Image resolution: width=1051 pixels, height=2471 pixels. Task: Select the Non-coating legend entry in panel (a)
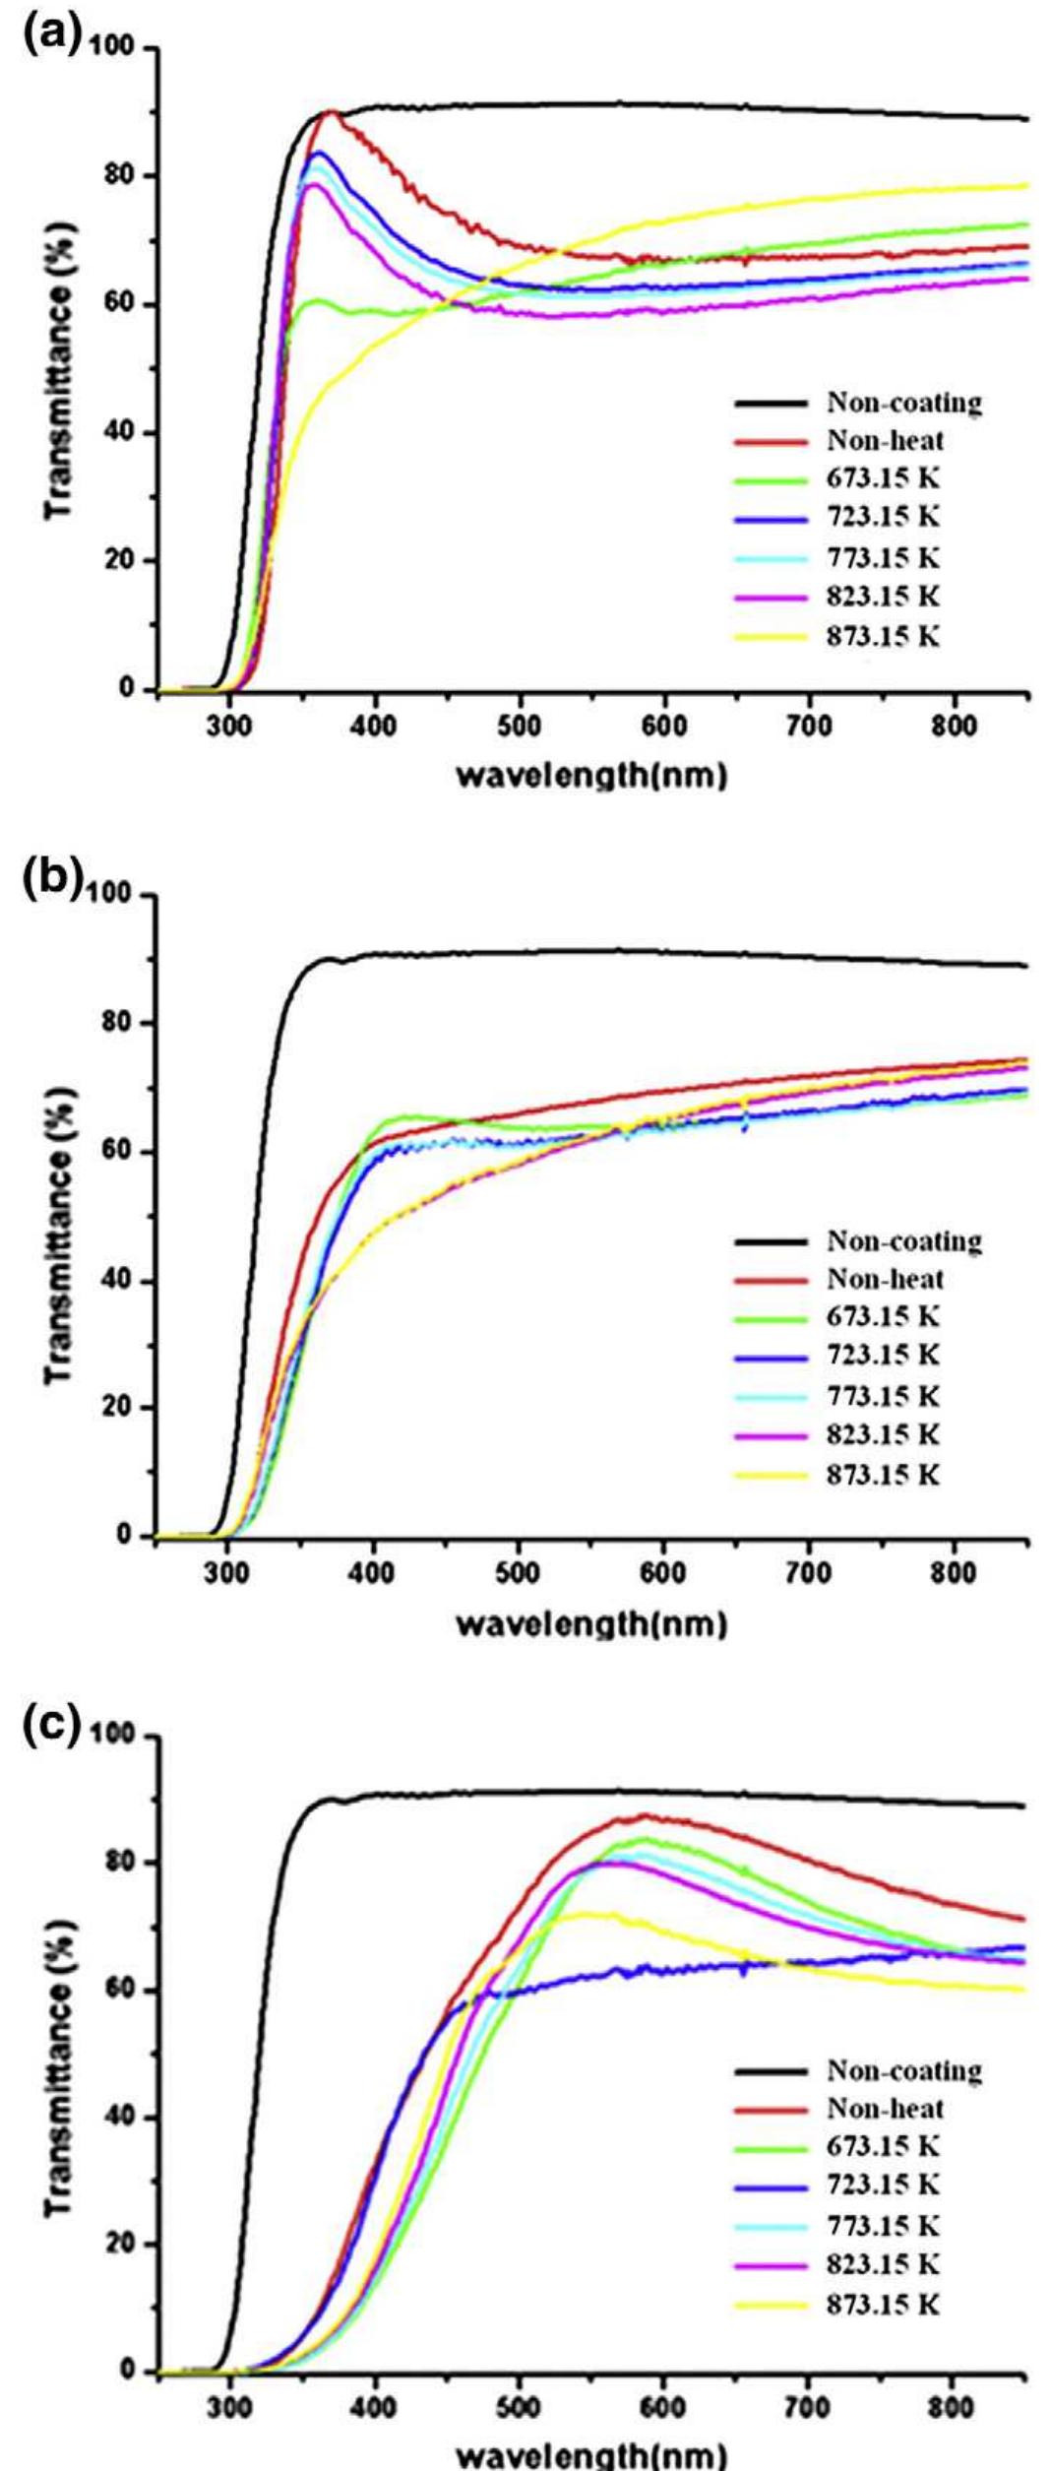[903, 403]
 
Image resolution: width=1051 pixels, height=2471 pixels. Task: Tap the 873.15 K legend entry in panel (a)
[883, 636]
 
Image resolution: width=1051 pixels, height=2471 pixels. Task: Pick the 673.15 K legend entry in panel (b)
[883, 1317]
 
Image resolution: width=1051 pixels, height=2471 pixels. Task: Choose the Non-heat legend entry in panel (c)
[885, 2108]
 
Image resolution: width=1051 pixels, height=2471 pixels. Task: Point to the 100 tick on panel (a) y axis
[116, 48]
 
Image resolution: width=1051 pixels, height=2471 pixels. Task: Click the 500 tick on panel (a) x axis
[519, 728]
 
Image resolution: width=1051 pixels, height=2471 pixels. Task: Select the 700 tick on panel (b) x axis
[809, 1573]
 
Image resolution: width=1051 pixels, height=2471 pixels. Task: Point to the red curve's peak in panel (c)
[644, 1815]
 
